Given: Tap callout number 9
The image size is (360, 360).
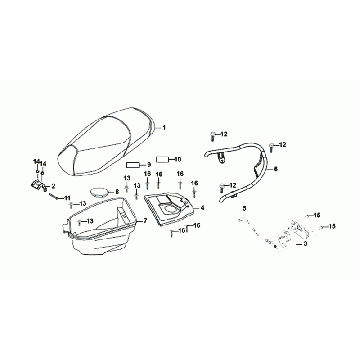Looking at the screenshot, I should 149,163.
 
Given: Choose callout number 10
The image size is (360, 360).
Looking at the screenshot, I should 177,158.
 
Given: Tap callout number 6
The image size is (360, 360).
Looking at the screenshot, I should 276,170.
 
